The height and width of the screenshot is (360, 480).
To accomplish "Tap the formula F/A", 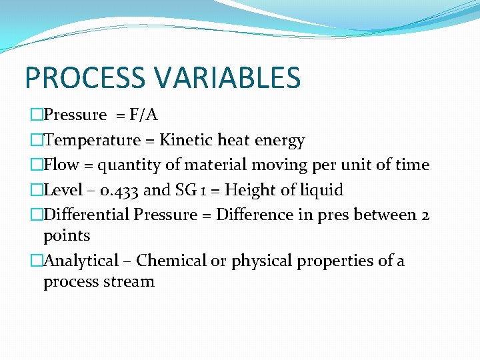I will click(x=143, y=115).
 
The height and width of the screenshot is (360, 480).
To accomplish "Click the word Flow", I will click(x=61, y=165).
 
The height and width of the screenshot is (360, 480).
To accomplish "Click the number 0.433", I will click(x=115, y=191).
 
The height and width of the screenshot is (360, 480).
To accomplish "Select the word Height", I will click(x=249, y=191).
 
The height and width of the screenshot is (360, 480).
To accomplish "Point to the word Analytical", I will click(x=81, y=261).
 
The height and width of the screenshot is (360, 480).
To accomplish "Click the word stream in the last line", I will click(x=129, y=282).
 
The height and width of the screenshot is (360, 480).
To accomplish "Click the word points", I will click(x=67, y=236).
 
